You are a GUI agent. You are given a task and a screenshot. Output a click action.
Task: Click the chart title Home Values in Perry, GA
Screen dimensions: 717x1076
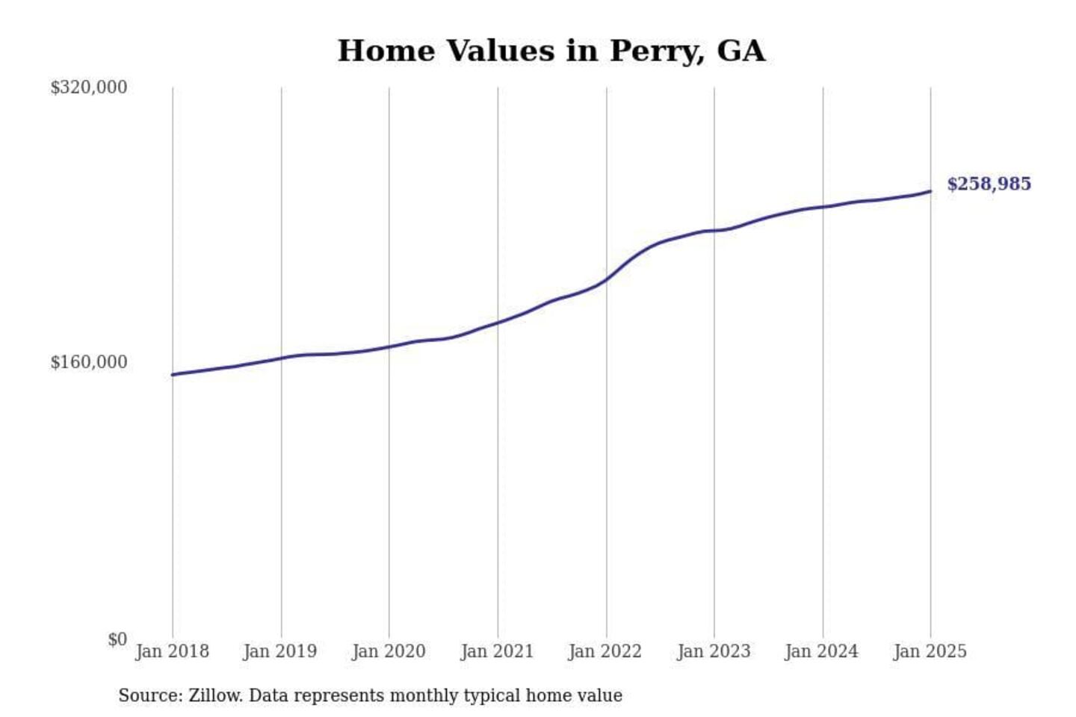click(x=551, y=51)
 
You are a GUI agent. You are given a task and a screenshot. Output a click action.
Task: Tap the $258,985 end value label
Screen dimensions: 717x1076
click(x=989, y=184)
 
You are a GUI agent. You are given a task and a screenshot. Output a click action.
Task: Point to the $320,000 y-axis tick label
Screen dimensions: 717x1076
click(x=88, y=87)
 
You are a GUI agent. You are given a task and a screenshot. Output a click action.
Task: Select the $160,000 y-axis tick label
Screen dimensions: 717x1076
click(x=88, y=362)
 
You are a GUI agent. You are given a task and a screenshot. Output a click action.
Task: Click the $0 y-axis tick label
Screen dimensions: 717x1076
click(x=117, y=639)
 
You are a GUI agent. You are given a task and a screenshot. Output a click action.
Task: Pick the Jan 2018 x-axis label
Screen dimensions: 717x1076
click(x=172, y=651)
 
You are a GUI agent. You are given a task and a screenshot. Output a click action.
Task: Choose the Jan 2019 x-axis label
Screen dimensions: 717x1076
click(x=280, y=651)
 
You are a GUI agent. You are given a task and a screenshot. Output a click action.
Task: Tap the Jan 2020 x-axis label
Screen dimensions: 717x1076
click(x=389, y=651)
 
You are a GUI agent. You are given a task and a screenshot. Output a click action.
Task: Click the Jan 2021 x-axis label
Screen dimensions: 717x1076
click(x=497, y=651)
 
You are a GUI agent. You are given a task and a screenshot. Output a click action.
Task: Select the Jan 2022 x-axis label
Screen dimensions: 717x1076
click(x=605, y=651)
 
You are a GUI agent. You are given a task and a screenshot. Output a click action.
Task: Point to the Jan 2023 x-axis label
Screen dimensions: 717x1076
click(x=714, y=651)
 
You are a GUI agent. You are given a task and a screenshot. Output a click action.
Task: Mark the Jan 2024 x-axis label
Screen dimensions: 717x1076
click(x=822, y=651)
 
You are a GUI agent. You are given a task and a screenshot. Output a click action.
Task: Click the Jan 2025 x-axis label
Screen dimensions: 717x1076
click(x=930, y=651)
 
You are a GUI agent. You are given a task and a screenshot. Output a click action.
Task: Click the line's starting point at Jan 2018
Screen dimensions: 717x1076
click(x=173, y=374)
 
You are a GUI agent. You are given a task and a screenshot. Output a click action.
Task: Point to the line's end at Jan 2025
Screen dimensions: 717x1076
click(x=930, y=191)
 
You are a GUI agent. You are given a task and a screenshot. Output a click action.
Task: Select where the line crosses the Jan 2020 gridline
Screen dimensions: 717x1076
click(x=389, y=347)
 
